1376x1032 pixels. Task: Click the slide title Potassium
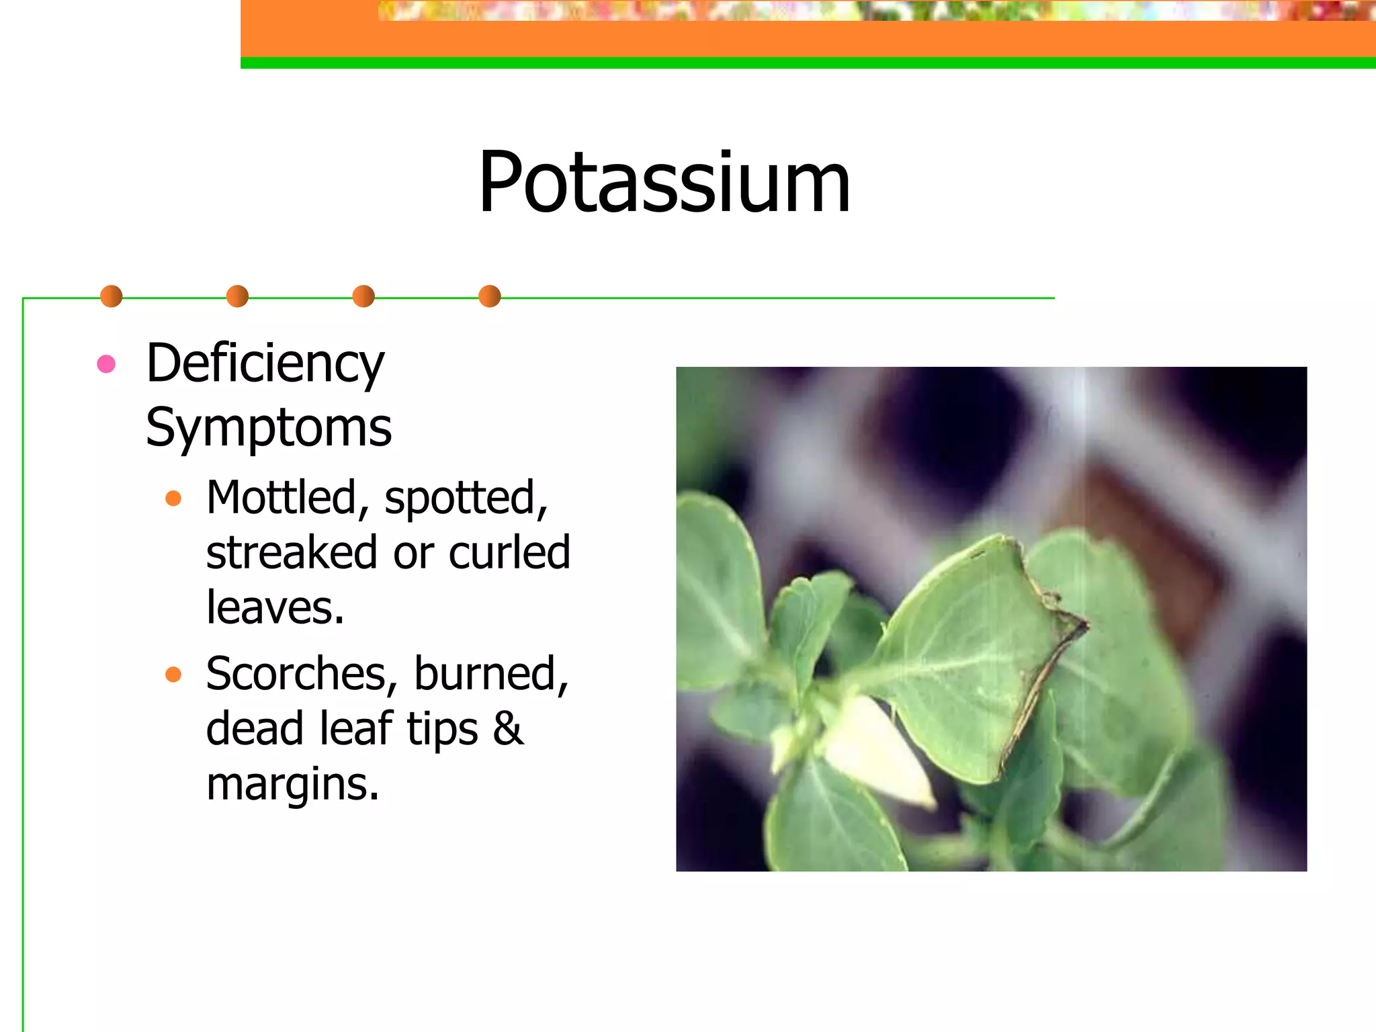[664, 183]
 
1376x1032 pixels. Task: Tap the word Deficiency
[265, 364]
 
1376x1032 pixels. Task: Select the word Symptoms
[269, 428]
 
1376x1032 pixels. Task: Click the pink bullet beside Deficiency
[106, 364]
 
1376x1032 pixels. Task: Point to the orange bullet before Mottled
[173, 499]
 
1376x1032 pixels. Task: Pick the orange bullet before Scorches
[173, 674]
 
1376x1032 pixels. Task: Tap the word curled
[509, 553]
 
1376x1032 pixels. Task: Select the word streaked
[292, 553]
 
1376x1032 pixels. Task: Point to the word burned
[490, 674]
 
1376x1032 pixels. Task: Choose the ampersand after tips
[508, 729]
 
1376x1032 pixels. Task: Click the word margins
[292, 785]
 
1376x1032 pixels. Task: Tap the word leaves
[274, 608]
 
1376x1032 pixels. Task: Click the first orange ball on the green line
[111, 296]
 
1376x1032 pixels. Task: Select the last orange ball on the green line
[490, 296]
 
